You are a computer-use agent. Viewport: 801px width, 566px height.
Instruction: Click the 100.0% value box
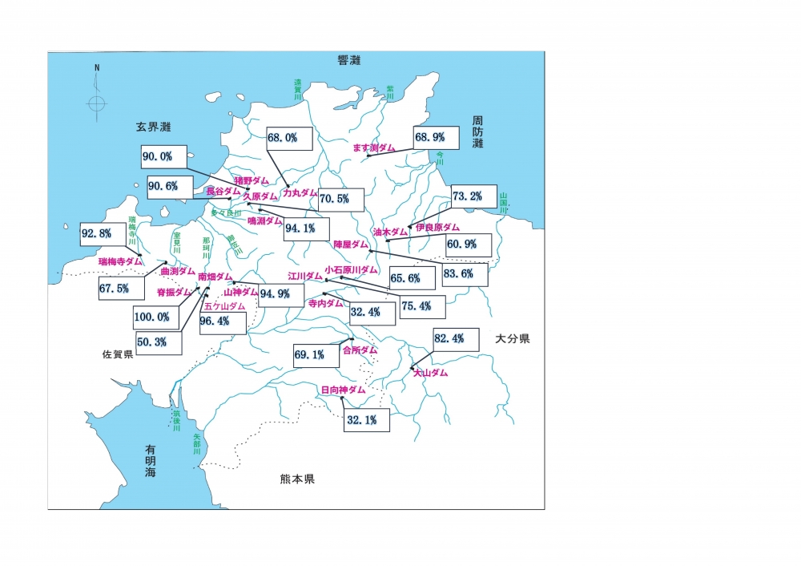point(153,317)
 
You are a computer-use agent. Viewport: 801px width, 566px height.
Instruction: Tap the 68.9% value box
point(436,138)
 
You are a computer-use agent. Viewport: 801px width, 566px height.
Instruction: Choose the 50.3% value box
point(158,342)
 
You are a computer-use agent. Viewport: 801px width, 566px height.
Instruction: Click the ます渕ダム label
point(375,148)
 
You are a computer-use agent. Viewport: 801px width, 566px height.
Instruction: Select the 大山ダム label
point(430,373)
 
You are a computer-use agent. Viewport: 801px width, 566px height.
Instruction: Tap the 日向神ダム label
point(343,390)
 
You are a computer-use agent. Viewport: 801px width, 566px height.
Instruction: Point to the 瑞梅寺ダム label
point(120,261)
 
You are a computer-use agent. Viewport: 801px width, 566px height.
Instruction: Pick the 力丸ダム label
point(300,193)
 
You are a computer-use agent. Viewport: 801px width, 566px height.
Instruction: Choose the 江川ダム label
point(305,277)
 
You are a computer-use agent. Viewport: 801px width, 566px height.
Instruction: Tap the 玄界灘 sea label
point(155,127)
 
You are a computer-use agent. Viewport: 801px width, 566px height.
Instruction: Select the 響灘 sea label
point(349,61)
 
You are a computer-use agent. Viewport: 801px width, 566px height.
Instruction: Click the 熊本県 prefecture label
point(297,479)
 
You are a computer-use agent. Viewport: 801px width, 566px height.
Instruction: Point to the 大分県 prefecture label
point(512,339)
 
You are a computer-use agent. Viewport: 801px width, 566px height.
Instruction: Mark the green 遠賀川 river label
point(298,87)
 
